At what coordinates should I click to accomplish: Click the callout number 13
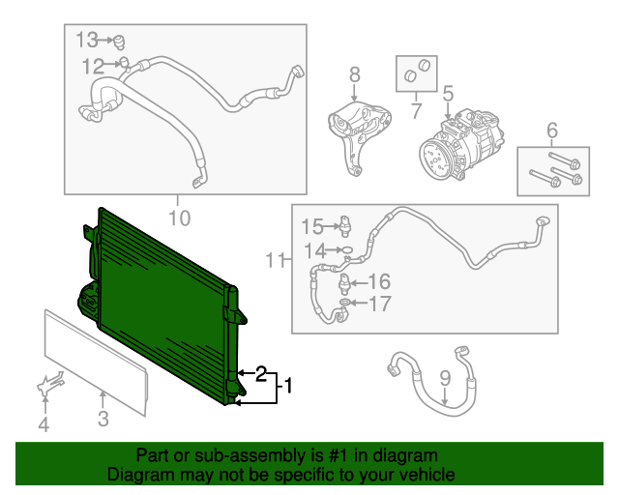(88, 40)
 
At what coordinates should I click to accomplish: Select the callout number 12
(93, 66)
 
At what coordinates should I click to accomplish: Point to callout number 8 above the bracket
(354, 73)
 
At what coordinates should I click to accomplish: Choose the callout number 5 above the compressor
(448, 94)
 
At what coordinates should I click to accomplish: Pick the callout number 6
(552, 130)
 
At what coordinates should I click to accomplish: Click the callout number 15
(311, 227)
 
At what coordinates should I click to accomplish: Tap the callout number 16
(378, 281)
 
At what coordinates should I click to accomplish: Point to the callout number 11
(277, 259)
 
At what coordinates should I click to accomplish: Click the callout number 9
(445, 378)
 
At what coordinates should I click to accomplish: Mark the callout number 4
(43, 424)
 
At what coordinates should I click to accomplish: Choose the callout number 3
(103, 419)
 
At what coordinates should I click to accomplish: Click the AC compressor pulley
(434, 156)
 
